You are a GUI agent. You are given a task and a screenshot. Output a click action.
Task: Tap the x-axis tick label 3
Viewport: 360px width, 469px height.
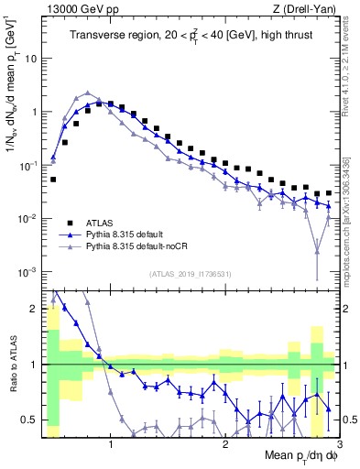tap(338, 447)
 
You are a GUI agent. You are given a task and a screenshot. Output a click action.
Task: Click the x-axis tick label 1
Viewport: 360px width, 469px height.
tap(111, 447)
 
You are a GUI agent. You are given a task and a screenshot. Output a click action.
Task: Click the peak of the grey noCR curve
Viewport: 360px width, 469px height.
tap(87, 93)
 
